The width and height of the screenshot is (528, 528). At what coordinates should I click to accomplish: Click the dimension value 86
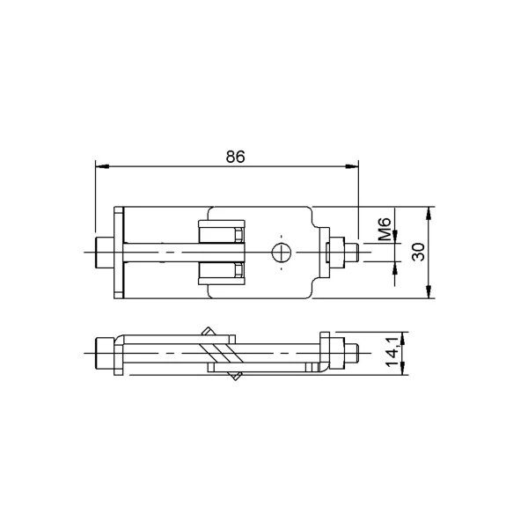click(235, 157)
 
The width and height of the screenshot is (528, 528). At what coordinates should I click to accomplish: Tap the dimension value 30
click(419, 252)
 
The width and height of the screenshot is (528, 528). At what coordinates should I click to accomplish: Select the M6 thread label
click(385, 229)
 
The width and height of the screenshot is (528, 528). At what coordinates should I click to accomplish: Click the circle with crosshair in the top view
click(282, 253)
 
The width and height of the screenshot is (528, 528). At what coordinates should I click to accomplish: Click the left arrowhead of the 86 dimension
click(102, 166)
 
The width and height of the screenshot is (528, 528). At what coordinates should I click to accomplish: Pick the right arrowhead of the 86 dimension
click(352, 166)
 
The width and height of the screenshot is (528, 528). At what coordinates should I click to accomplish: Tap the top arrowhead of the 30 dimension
click(429, 214)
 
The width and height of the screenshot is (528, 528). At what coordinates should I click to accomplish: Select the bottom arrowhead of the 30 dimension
click(429, 291)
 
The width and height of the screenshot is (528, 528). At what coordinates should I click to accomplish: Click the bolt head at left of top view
click(105, 253)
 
